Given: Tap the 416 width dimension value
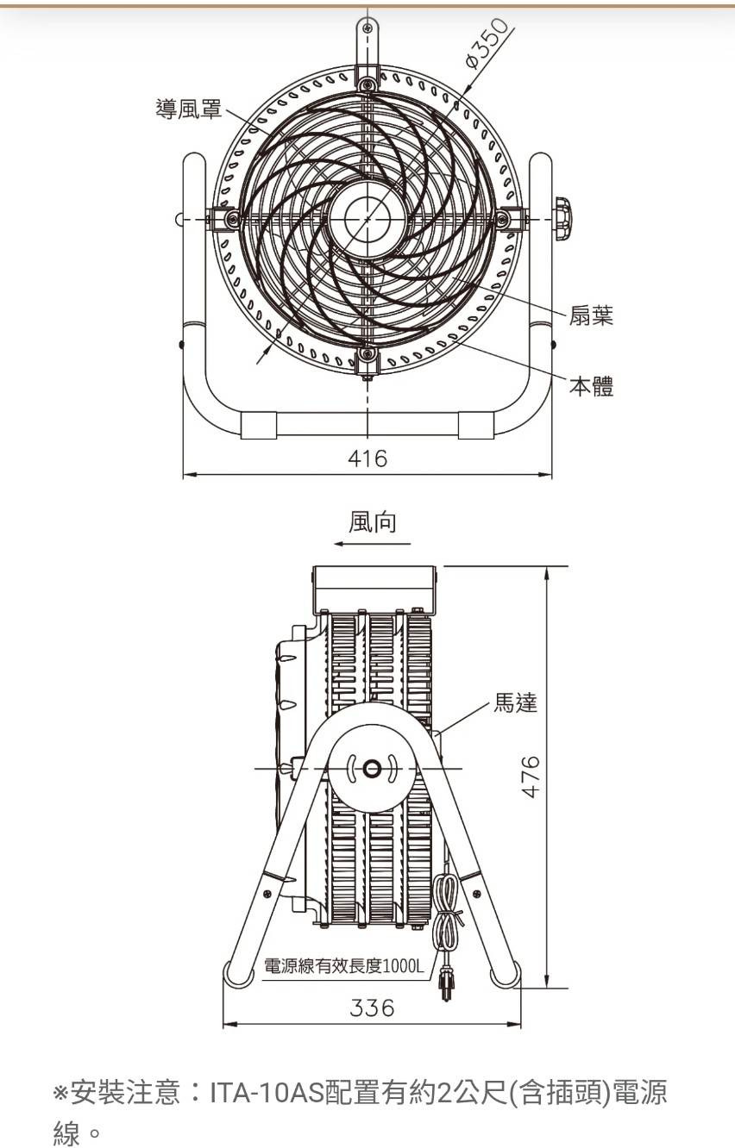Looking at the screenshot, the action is (367, 459).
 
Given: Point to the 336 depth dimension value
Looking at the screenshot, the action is (372, 1008).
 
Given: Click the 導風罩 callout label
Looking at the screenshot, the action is (189, 108).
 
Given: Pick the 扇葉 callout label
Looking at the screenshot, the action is (591, 315).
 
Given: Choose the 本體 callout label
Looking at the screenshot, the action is (591, 386).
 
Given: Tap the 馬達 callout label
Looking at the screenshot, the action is (515, 702).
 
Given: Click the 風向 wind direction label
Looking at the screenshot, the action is (373, 522).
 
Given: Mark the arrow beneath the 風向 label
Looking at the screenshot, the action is (373, 544).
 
